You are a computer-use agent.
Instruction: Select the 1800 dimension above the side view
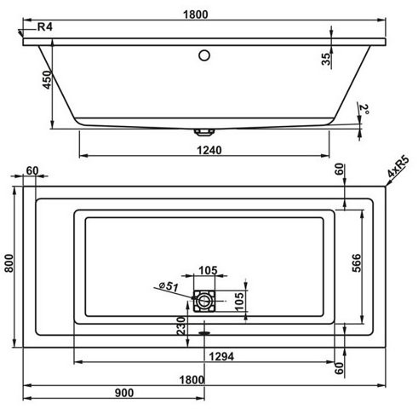tap(205, 9)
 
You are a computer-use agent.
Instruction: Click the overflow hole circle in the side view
tap(203, 56)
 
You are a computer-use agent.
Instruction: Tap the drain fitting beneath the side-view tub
tap(203, 131)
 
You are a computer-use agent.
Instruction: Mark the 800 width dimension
tap(9, 265)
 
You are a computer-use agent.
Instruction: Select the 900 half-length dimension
tap(123, 392)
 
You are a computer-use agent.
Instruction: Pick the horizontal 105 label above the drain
tap(206, 270)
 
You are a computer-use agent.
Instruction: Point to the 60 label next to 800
tap(32, 170)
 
